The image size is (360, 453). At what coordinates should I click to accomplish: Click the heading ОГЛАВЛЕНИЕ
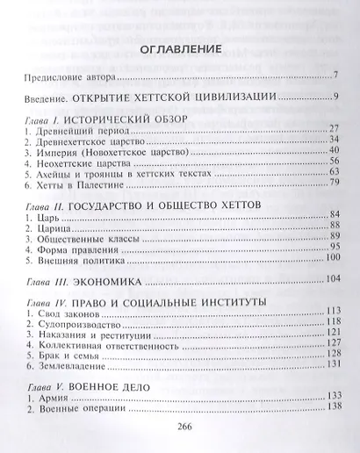[x=178, y=49]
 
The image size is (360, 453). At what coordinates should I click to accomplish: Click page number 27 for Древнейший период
[x=334, y=129]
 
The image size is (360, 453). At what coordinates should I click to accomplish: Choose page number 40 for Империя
[x=334, y=150]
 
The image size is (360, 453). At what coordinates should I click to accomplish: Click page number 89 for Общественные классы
[x=334, y=235]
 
